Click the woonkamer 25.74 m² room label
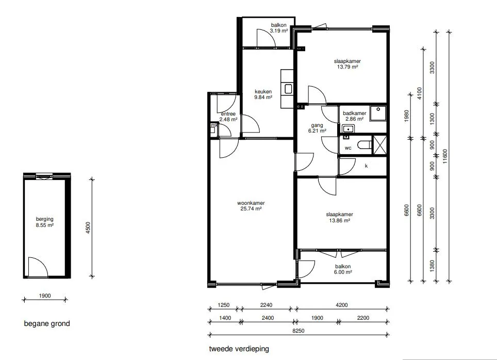pyautogui.click(x=251, y=206)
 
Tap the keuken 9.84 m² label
pyautogui.click(x=263, y=94)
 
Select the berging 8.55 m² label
pyautogui.click(x=45, y=222)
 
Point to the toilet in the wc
pyautogui.click(x=365, y=145)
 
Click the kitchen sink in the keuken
pyautogui.click(x=288, y=89)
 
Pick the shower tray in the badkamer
pyautogui.click(x=378, y=113)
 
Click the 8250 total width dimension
pyautogui.click(x=298, y=331)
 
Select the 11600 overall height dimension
pyautogui.click(x=445, y=156)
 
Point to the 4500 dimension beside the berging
pyautogui.click(x=88, y=228)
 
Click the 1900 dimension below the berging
pyautogui.click(x=45, y=296)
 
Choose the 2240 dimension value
pyautogui.click(x=266, y=305)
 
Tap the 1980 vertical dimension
pyautogui.click(x=407, y=116)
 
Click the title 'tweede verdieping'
pyautogui.click(x=239, y=349)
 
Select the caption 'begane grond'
pyautogui.click(x=47, y=323)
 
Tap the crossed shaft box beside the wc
pyautogui.click(x=380, y=145)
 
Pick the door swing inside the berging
pyautogui.click(x=38, y=267)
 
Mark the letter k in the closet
pyautogui.click(x=367, y=166)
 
